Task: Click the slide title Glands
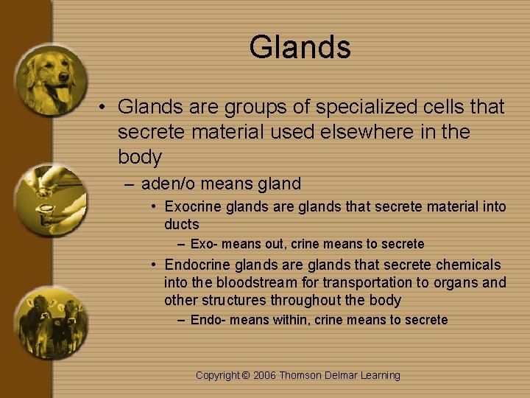pyautogui.click(x=300, y=47)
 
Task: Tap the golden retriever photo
pyautogui.click(x=50, y=80)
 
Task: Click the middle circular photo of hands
pyautogui.click(x=50, y=200)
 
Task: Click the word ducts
pyautogui.click(x=181, y=224)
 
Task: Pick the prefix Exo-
pyautogui.click(x=205, y=244)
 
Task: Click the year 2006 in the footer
pyautogui.click(x=266, y=375)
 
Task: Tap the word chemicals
pyautogui.click(x=467, y=265)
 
